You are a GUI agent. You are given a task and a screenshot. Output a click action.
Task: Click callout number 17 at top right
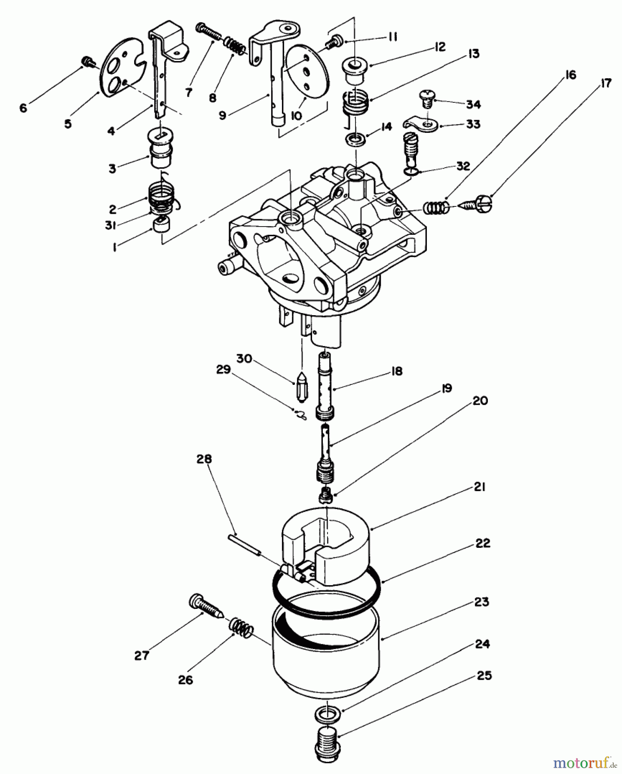[605, 83]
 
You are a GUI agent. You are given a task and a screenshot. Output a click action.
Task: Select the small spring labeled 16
[436, 208]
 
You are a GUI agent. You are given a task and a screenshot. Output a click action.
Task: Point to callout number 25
[484, 676]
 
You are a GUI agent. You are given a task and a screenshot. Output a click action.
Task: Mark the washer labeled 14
[356, 140]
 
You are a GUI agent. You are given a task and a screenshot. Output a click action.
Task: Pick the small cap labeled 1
[161, 225]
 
